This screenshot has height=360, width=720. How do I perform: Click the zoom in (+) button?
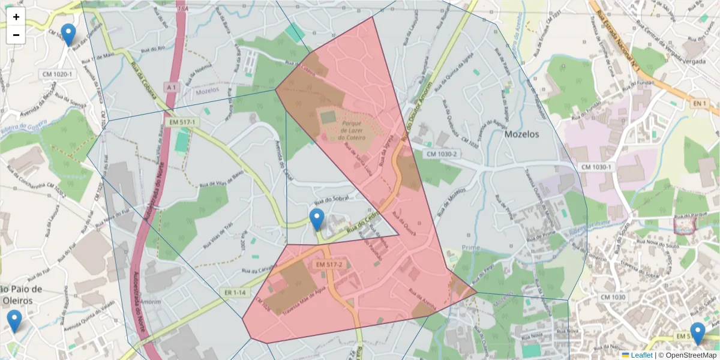click(16, 17)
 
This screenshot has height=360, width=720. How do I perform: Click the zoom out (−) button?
click(16, 35)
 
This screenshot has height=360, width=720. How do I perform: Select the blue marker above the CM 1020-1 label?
click(68, 35)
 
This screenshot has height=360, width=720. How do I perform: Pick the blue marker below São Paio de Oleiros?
click(14, 321)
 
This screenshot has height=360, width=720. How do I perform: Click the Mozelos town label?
click(521, 134)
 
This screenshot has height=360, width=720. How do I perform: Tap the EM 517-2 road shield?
click(328, 265)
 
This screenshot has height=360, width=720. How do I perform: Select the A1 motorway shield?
click(172, 88)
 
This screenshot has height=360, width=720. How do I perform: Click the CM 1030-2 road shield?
click(443, 154)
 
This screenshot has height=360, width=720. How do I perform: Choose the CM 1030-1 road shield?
click(596, 166)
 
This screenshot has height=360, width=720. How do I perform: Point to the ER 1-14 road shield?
click(235, 292)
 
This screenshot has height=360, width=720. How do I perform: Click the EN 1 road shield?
click(698, 104)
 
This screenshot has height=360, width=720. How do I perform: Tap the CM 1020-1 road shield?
click(57, 74)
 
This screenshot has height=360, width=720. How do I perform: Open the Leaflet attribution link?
click(640, 355)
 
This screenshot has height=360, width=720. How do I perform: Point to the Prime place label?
click(471, 248)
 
